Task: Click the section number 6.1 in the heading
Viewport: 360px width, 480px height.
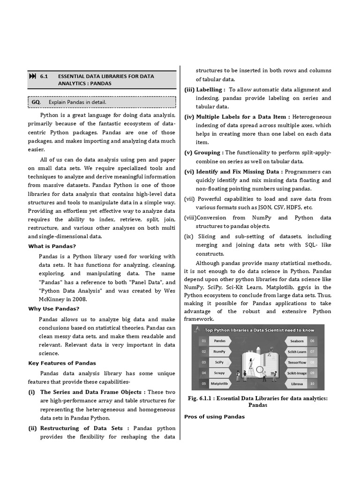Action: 45,76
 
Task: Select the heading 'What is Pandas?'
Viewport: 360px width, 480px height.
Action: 52,246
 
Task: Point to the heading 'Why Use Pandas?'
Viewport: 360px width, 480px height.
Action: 53,308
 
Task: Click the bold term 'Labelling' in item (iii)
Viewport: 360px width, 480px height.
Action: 210,90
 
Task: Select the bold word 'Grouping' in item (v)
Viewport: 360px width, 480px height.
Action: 208,152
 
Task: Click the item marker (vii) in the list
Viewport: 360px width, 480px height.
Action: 189,199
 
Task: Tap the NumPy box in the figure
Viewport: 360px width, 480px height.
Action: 219,352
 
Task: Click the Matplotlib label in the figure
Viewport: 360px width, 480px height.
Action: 219,383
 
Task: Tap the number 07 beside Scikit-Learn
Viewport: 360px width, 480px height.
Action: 313,352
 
